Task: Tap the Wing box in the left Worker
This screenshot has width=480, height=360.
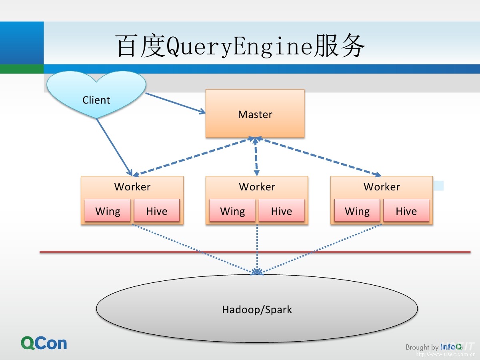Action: [108, 210]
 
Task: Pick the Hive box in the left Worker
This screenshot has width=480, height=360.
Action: [156, 210]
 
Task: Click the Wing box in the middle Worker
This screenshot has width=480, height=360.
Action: [232, 210]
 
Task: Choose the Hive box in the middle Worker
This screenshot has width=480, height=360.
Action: [281, 210]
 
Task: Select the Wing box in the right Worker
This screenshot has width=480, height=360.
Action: [357, 210]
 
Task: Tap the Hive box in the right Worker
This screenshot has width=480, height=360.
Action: [406, 210]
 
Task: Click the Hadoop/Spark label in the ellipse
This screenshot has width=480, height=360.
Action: [257, 309]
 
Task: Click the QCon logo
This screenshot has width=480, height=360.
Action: [44, 343]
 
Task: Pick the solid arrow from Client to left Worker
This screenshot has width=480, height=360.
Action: [114, 146]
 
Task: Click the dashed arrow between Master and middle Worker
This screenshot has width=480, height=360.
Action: [256, 157]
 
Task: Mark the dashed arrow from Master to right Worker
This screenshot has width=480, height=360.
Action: [320, 157]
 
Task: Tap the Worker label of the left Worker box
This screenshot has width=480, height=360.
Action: [132, 187]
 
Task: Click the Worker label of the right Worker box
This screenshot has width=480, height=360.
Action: [382, 187]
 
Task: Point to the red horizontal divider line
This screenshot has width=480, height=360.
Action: [160, 252]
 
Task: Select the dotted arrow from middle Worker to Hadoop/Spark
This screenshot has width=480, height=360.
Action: [257, 248]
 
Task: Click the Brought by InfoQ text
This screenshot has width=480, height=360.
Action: [434, 347]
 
